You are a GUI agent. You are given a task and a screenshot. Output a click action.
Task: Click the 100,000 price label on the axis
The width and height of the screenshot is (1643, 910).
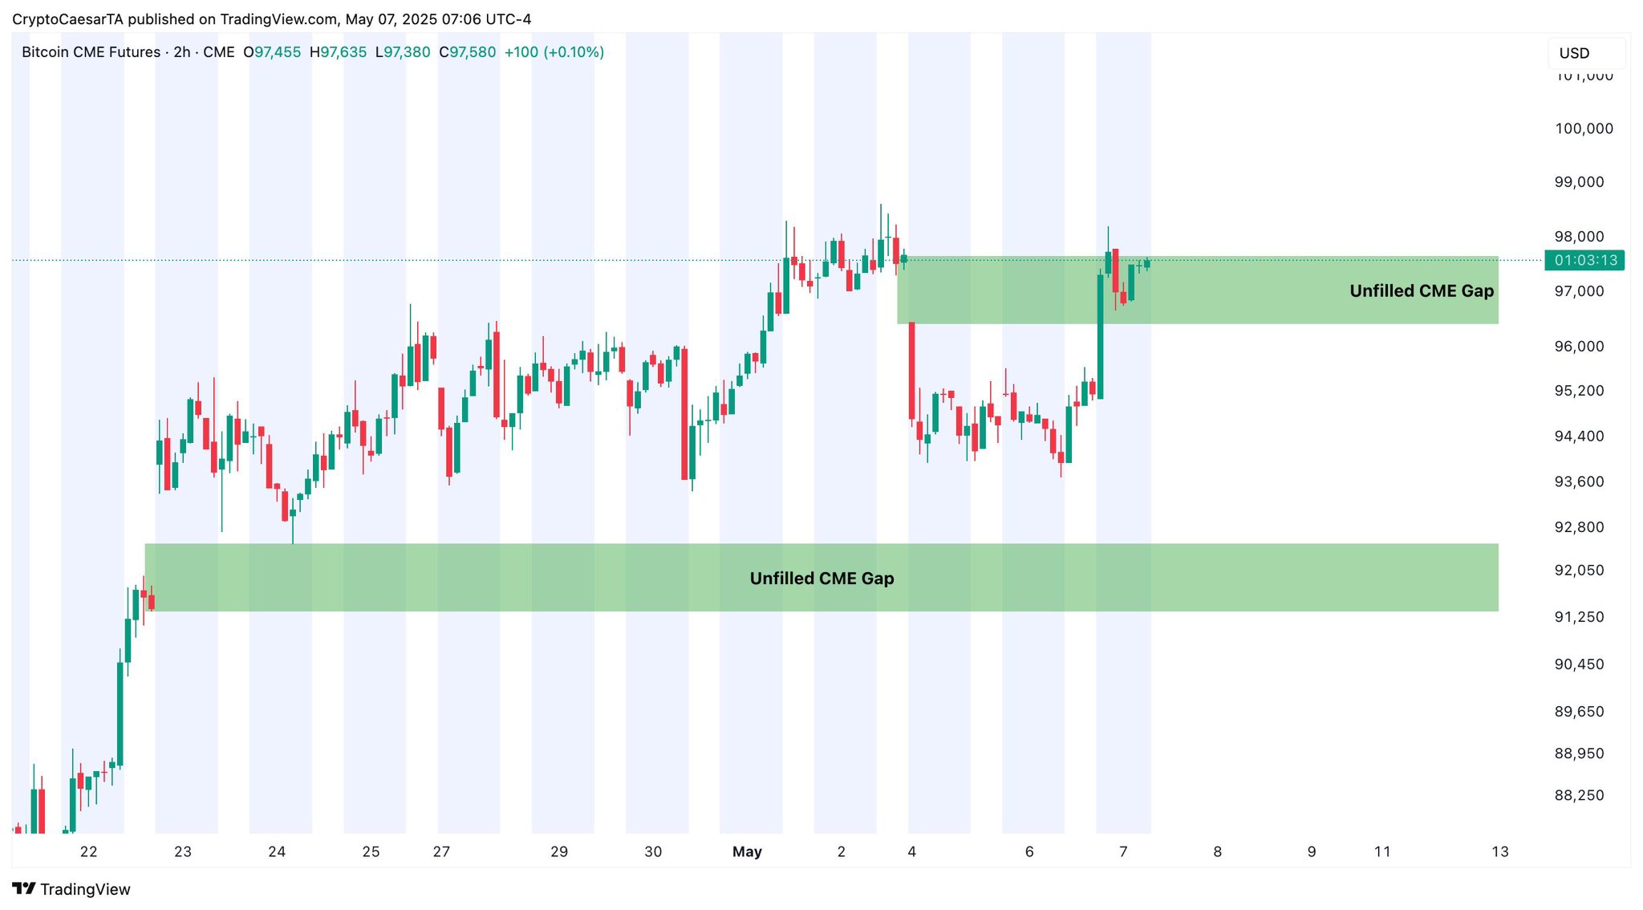pyautogui.click(x=1584, y=128)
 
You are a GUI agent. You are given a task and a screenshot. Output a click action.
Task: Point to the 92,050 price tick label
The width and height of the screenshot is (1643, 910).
pyautogui.click(x=1579, y=571)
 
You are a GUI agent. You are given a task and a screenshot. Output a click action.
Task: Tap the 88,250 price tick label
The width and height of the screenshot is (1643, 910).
pyautogui.click(x=1579, y=795)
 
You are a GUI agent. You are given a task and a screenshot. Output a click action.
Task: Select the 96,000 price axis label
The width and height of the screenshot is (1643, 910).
pyautogui.click(x=1579, y=347)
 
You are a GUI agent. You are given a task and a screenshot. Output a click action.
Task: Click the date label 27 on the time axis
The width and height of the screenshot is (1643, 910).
pyautogui.click(x=441, y=851)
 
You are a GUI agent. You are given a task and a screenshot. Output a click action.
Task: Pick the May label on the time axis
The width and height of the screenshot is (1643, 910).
pyautogui.click(x=747, y=851)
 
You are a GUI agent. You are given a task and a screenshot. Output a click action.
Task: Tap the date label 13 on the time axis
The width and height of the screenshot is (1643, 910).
pyautogui.click(x=1499, y=851)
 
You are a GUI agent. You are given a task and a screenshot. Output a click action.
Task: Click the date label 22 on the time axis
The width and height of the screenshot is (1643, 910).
pyautogui.click(x=88, y=851)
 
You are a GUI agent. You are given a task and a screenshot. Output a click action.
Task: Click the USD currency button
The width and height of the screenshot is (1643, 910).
pyautogui.click(x=1574, y=53)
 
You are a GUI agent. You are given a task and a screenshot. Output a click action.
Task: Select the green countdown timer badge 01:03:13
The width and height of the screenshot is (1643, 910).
pyautogui.click(x=1585, y=260)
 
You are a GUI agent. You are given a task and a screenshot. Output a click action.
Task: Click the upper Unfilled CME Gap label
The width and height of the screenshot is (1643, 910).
pyautogui.click(x=1421, y=290)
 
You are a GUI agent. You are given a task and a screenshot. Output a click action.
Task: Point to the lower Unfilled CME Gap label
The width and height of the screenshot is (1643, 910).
pyautogui.click(x=821, y=578)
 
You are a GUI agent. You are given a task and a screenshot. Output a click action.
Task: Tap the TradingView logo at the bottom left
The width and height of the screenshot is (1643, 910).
pyautogui.click(x=71, y=889)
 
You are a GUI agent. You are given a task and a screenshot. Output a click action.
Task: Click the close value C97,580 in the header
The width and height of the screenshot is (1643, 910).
pyautogui.click(x=467, y=52)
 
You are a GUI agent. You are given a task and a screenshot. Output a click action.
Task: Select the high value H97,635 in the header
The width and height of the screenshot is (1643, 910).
pyautogui.click(x=338, y=52)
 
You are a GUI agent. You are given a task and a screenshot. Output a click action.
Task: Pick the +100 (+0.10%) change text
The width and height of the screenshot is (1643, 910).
pyautogui.click(x=554, y=52)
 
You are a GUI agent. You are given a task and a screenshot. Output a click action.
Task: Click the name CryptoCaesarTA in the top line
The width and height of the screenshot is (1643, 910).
pyautogui.click(x=67, y=19)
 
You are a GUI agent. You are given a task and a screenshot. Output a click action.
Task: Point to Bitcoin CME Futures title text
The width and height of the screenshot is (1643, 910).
pyautogui.click(x=91, y=52)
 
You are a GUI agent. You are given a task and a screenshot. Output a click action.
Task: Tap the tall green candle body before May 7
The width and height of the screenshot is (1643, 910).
pyautogui.click(x=1100, y=337)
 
